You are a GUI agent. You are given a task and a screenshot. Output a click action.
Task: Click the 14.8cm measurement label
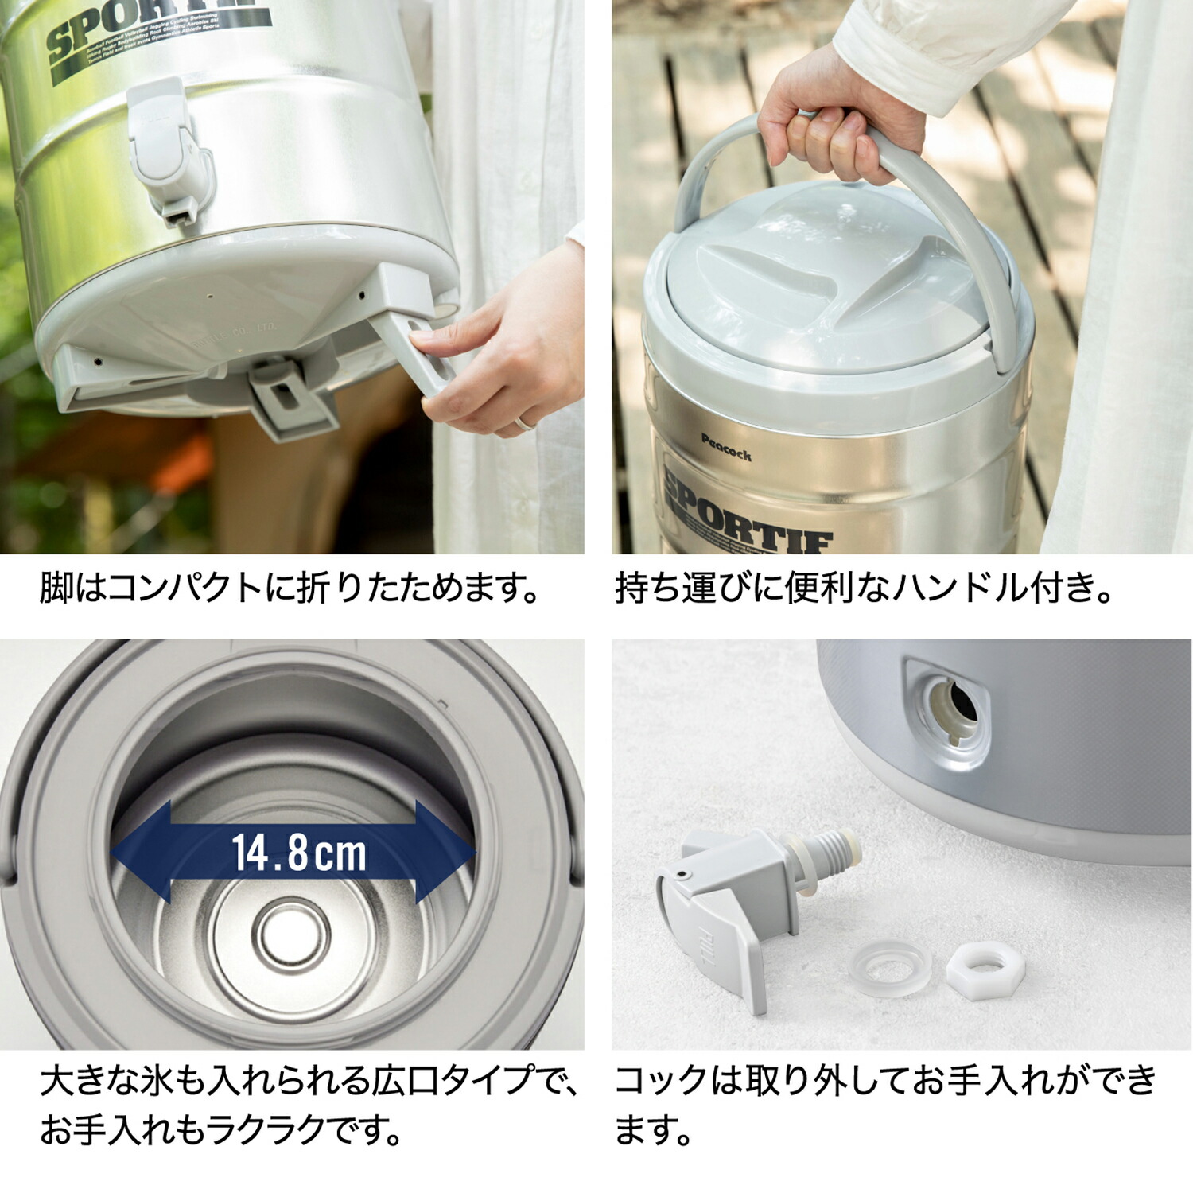[x=299, y=853]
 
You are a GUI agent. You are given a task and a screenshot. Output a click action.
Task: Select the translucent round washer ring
[x=888, y=969]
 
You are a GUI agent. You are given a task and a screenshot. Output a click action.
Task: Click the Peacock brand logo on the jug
[x=725, y=448]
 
